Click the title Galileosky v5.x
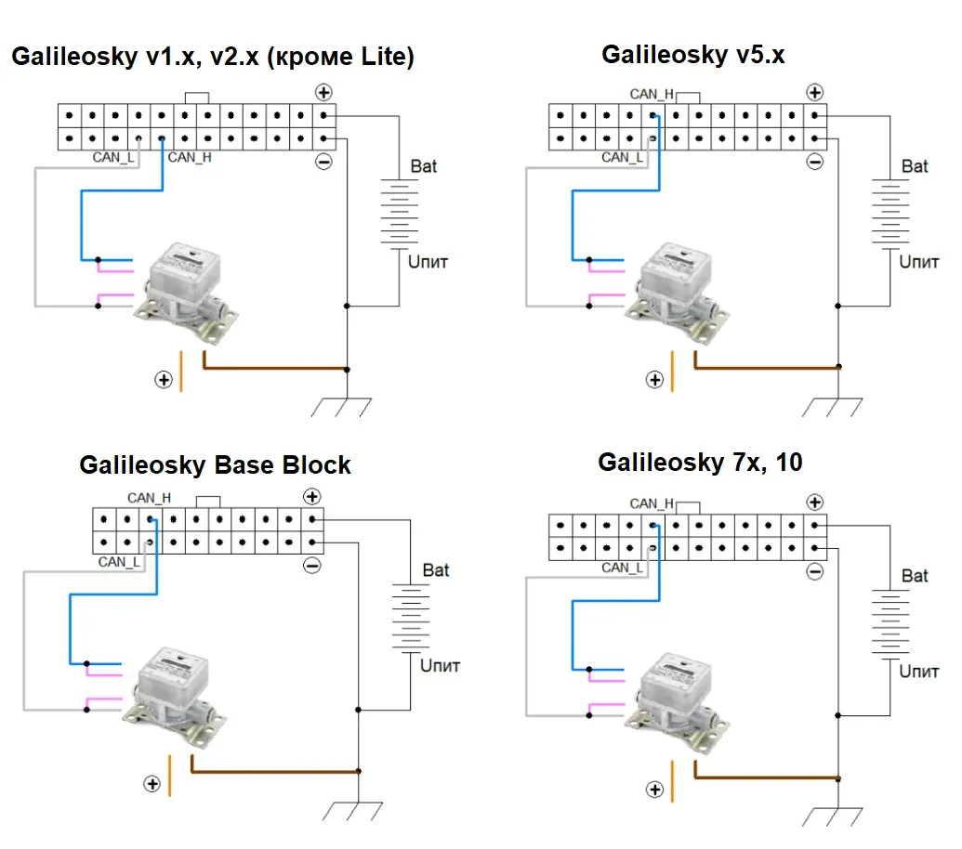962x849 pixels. pos(692,55)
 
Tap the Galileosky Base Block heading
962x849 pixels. pos(215,465)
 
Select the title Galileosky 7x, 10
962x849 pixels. pos(700,463)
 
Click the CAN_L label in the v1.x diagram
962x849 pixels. pos(112,158)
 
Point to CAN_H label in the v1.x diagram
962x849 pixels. pos(190,158)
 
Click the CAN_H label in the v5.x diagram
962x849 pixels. pos(652,95)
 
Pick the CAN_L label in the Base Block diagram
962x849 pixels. pos(119,562)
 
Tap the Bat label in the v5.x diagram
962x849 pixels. pos(915,166)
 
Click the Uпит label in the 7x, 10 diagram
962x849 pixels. pos(918,672)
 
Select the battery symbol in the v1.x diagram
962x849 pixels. pos(400,214)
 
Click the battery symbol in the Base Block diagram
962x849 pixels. pos(411,618)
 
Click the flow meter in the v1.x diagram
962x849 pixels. pos(187,290)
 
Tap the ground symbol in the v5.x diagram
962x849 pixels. pos(833,407)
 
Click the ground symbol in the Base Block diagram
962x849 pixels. pos(353,811)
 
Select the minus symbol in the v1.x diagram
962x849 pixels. pos(324,162)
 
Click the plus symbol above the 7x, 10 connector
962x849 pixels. pos(815,503)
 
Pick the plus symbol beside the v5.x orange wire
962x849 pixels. pos(654,380)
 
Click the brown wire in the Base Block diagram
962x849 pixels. pos(274,771)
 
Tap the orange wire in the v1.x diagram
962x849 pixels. pos(181,371)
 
